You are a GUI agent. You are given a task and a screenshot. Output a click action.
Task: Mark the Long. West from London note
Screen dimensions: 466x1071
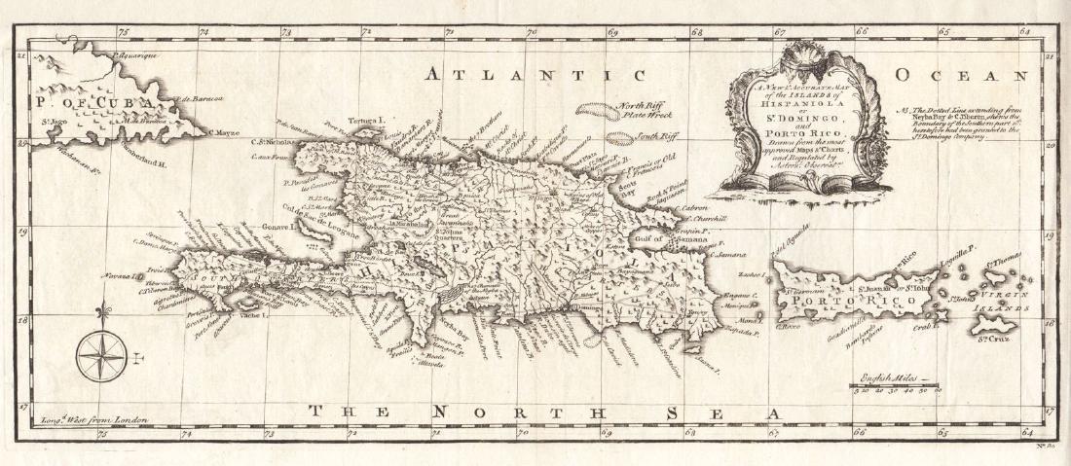[x=93, y=419]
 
